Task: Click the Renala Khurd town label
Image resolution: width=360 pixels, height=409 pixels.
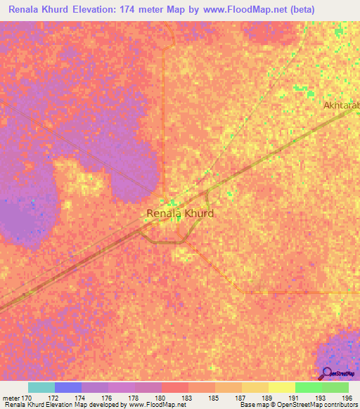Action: [x=180, y=213]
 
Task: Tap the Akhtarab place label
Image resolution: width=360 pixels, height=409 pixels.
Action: [x=341, y=105]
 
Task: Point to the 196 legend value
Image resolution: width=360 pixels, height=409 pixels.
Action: [x=347, y=397]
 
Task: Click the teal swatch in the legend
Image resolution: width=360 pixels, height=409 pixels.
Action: [x=41, y=387]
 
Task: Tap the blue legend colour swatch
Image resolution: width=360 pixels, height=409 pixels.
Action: [x=68, y=387]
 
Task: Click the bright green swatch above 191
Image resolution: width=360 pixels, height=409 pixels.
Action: [x=309, y=387]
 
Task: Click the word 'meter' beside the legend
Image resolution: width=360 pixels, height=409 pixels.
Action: [x=11, y=397]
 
